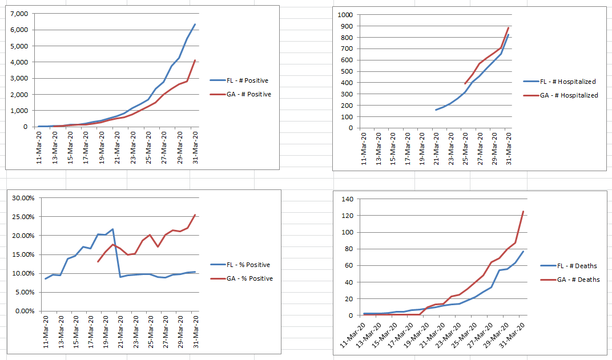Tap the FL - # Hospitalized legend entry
click(x=569, y=82)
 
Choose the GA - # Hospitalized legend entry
click(x=569, y=95)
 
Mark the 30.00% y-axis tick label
click(x=23, y=198)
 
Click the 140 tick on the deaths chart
click(x=348, y=199)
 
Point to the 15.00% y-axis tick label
click(x=23, y=254)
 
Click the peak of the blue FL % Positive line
click(x=112, y=229)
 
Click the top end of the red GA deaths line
click(x=523, y=212)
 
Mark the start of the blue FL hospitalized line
click(x=436, y=110)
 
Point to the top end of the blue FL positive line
click(x=195, y=25)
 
